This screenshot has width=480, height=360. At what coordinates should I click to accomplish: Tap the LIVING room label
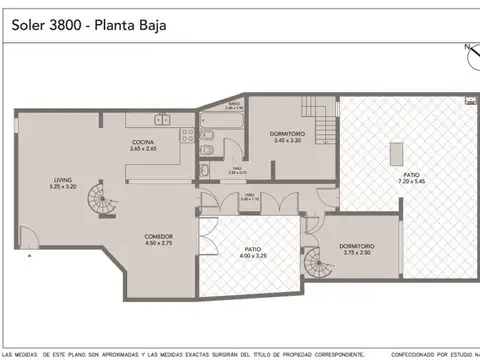tap(63, 179)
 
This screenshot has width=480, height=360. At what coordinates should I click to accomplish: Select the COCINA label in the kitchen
tap(142, 142)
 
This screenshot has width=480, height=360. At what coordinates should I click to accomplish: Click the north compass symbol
tap(470, 55)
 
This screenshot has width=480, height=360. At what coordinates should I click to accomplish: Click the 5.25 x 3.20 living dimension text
tap(63, 187)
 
